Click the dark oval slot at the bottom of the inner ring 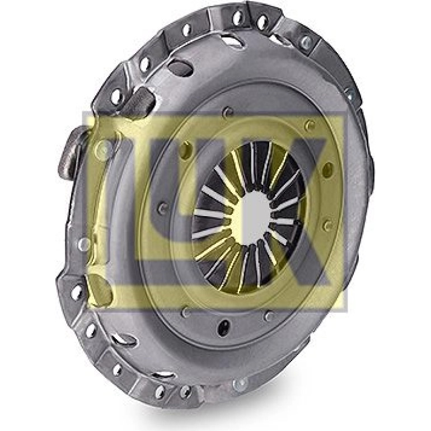(x=224, y=327)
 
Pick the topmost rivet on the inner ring (x=228, y=111)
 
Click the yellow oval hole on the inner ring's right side (x=329, y=168)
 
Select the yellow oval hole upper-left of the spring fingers (x=186, y=148)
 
